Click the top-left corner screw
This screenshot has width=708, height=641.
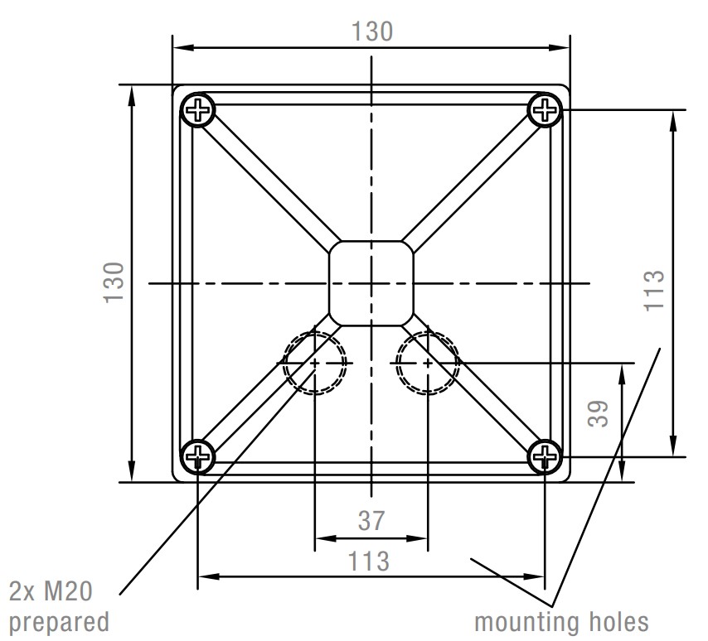pos(198,109)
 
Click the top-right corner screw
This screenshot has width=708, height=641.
pos(545,109)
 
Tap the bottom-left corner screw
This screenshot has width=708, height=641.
pos(198,456)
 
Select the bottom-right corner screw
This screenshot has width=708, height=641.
pos(545,456)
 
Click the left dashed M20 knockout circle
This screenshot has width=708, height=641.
pos(315,363)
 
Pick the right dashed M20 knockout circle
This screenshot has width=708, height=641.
pos(428,363)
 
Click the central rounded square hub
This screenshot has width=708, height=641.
pos(371,283)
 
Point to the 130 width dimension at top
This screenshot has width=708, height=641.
pos(372,31)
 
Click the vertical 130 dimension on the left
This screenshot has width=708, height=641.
pos(114,282)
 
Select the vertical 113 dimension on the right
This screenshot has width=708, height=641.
pos(654,291)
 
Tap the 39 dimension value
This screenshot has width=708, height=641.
pos(599,413)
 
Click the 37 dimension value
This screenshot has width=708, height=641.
pos(371,521)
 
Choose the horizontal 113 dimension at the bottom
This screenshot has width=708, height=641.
pos(368,561)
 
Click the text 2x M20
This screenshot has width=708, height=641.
pos(51,591)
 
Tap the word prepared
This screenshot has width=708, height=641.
pos(59,623)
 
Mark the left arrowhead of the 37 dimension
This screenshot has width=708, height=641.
pos(325,538)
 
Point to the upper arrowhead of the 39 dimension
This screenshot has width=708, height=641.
pos(622,374)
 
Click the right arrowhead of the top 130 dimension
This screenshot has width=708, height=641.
pos(559,47)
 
